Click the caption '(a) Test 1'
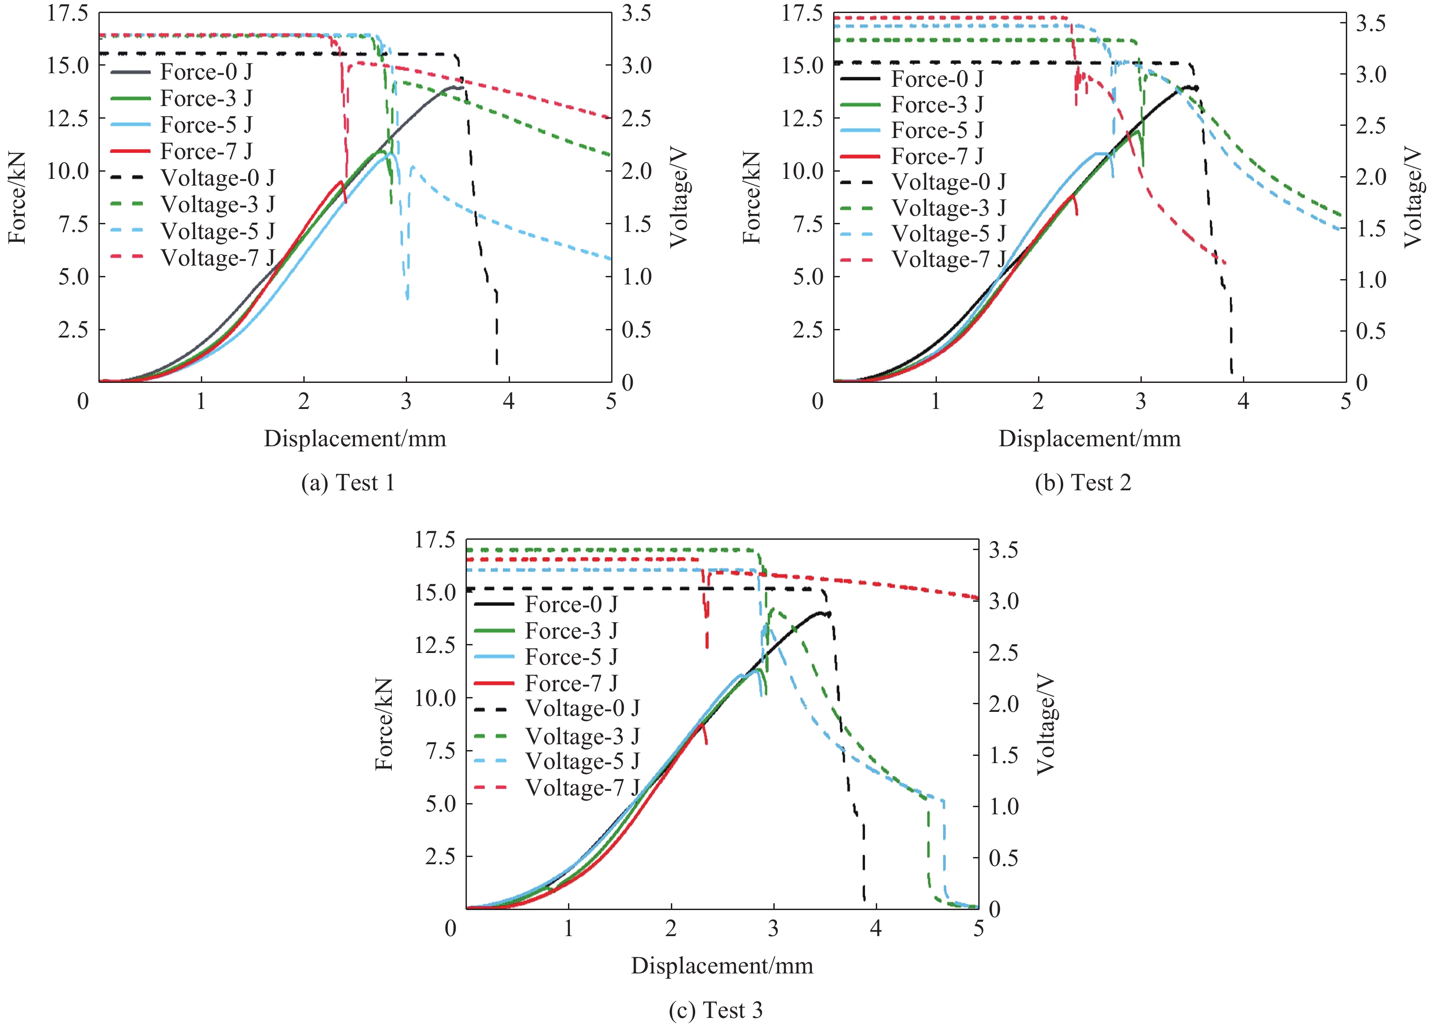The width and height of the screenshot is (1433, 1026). pos(348,483)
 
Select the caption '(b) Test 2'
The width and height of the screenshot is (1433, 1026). pos(1083,483)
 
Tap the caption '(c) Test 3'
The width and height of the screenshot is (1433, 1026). pos(715,1010)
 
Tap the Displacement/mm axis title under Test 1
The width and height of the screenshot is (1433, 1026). pos(355,439)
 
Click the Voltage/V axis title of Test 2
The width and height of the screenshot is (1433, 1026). pos(1413,198)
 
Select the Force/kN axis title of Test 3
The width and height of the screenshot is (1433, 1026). pos(384,724)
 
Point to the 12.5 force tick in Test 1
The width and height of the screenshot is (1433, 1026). pos(67,118)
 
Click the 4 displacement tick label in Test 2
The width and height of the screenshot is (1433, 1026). pos(1243,401)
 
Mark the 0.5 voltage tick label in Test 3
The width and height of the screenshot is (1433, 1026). pos(1003,857)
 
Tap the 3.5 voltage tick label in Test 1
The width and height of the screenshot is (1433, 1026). pos(636,13)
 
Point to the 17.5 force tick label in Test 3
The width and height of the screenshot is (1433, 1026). pos(435,540)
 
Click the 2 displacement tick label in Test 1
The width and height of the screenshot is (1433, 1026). pos(304,401)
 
